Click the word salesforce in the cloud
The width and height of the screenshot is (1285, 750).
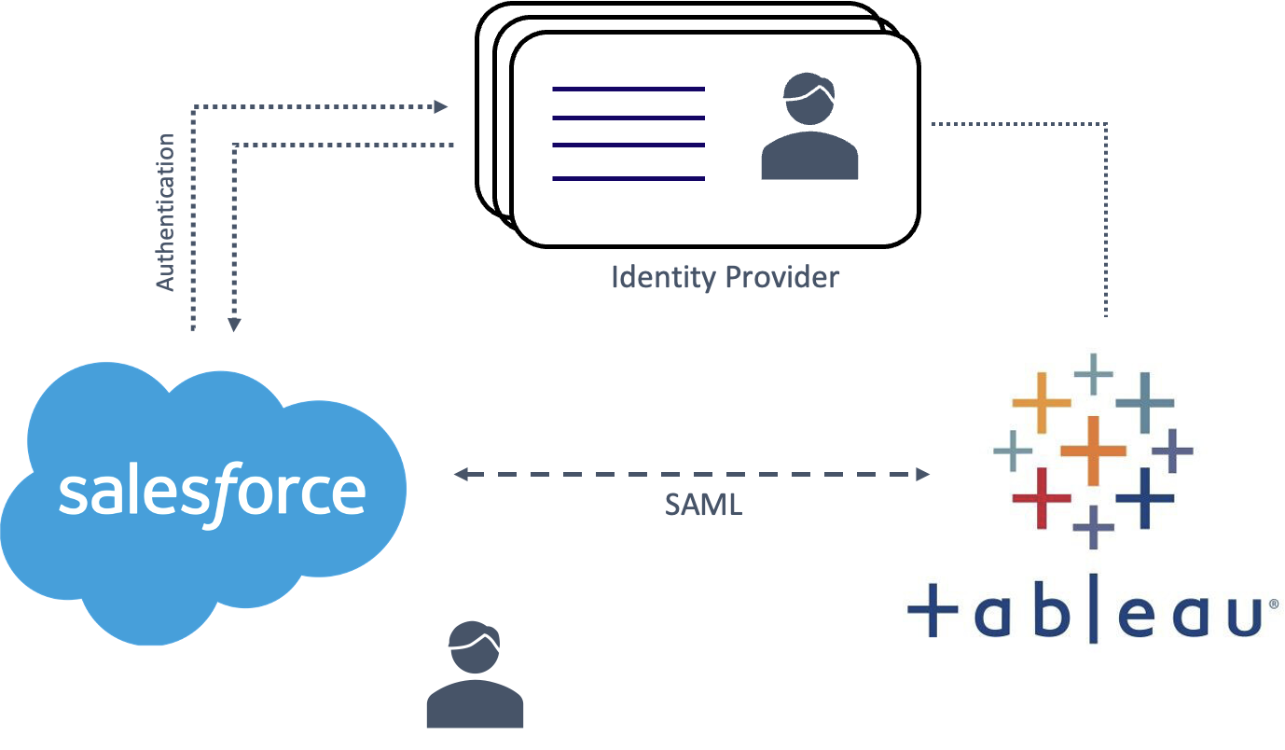tap(212, 492)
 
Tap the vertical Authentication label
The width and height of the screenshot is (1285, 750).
tap(165, 213)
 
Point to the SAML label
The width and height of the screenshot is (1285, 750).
tap(703, 505)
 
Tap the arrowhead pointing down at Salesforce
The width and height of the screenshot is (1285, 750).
tap(234, 324)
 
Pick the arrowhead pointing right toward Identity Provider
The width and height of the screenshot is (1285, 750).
tap(442, 106)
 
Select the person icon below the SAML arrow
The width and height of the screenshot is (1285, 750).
tap(475, 674)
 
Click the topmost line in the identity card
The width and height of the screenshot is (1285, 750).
tap(629, 89)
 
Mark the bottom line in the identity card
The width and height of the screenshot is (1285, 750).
tap(629, 178)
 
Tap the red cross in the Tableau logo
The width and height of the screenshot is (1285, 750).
tap(1042, 497)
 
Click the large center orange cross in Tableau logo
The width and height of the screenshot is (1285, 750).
tap(1093, 451)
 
